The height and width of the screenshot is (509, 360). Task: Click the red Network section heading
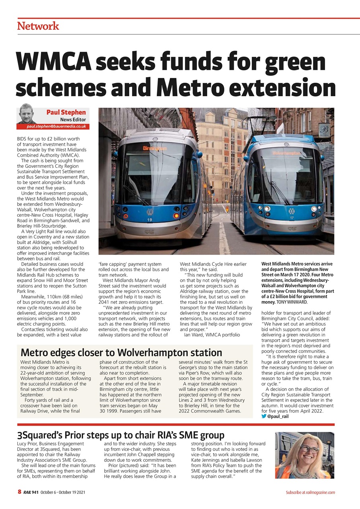point(38,26)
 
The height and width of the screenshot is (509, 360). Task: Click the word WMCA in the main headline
point(55,62)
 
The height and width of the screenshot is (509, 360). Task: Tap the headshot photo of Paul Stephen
point(27,114)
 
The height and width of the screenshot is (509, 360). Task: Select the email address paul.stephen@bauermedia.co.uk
point(56,126)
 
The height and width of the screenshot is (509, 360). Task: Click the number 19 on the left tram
point(150,220)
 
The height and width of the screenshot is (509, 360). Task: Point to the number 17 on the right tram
point(292,218)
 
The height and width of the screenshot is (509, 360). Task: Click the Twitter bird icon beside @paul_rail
point(264,416)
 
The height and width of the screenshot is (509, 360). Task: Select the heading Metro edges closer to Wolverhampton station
point(121,352)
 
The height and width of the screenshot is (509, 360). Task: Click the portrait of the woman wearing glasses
point(304,455)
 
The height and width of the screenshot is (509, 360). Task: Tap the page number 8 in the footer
point(19,492)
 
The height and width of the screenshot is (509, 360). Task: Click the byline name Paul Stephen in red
point(66,113)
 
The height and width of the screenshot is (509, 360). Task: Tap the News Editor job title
point(73,120)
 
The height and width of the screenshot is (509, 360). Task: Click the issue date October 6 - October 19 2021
point(62,492)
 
